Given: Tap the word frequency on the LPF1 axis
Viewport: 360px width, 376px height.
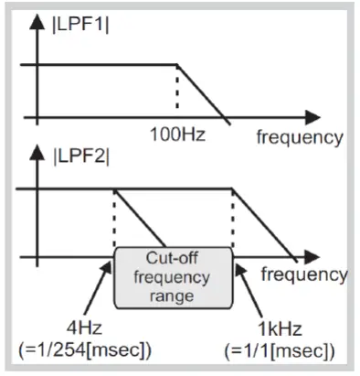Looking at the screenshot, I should [x=300, y=137].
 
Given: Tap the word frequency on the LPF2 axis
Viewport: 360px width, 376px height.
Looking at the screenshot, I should [x=302, y=274].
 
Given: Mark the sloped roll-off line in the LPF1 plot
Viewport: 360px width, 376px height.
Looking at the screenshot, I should [x=199, y=91].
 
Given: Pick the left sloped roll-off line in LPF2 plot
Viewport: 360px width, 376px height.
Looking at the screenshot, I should [x=142, y=222].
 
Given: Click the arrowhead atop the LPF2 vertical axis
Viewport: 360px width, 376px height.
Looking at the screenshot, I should [x=37, y=145].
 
